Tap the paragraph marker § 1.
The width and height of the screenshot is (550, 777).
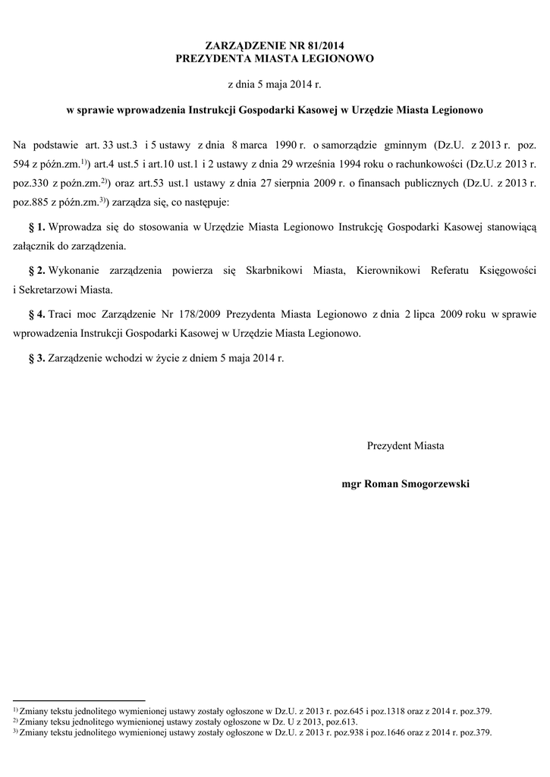(36, 228)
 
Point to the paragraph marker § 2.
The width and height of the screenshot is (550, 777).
(36, 271)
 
